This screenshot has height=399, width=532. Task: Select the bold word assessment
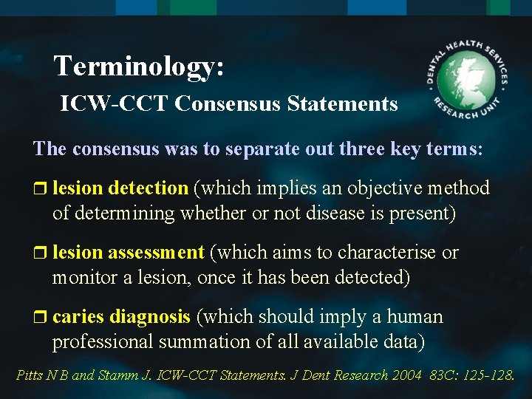coord(156,252)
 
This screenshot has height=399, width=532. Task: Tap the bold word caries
coord(78,317)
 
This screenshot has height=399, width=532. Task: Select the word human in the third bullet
coord(413,317)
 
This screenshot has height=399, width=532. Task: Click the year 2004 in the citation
coord(406,375)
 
